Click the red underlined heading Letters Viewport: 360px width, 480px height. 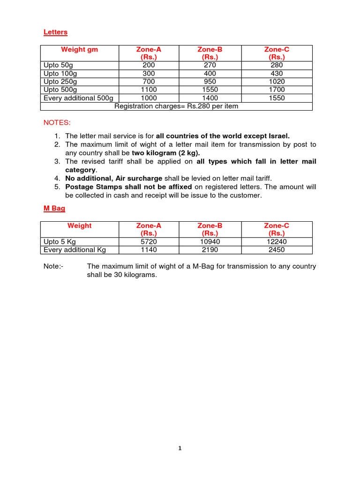[x=55, y=32]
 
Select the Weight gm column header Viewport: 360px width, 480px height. [x=79, y=49]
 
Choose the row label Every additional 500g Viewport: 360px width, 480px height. [x=78, y=98]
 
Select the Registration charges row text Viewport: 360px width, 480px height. [x=176, y=106]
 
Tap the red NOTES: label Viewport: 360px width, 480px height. [x=57, y=123]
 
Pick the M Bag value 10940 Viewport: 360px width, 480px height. [x=210, y=241]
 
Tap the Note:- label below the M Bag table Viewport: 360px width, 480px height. [x=52, y=266]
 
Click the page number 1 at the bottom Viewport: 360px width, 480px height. [x=180, y=448]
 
